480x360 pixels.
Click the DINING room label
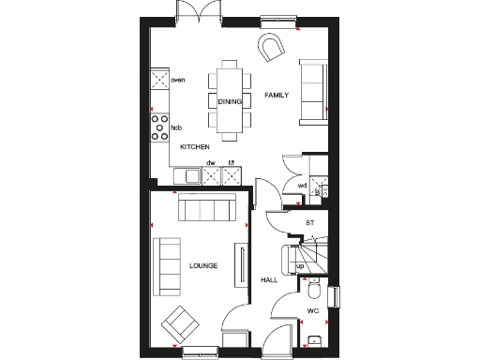(x=230, y=100)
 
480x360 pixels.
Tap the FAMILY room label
(x=277, y=96)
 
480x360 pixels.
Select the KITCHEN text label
(x=194, y=147)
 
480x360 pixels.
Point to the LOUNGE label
(x=202, y=266)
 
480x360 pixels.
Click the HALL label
(x=268, y=279)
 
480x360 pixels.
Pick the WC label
(x=313, y=310)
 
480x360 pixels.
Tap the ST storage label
(x=310, y=223)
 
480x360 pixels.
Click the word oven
(x=178, y=81)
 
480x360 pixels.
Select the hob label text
(x=175, y=127)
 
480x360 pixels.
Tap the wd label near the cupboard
(x=302, y=185)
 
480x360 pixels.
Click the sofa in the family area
(x=312, y=91)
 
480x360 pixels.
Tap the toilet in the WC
(x=317, y=283)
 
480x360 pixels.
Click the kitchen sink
(x=187, y=175)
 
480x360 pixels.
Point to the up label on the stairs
(x=300, y=265)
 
